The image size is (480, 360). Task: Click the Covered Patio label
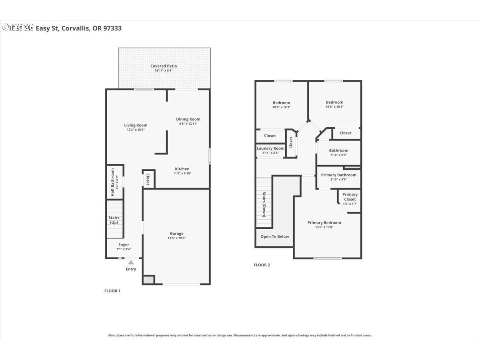(164, 66)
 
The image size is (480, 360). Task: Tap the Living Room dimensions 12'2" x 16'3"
(136, 130)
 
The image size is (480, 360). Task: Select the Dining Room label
(188, 119)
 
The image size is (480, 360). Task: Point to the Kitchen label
(182, 169)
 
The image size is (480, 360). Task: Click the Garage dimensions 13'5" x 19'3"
(176, 238)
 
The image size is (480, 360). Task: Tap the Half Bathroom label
(112, 182)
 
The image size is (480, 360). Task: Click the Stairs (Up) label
(114, 220)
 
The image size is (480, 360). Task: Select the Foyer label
(124, 245)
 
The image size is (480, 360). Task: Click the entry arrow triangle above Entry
(131, 262)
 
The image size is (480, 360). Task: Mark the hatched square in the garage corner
(148, 280)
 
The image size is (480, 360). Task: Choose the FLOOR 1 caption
(112, 291)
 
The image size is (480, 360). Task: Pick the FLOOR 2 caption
(262, 265)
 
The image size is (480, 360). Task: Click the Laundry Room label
(270, 148)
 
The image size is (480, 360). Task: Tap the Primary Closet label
(350, 197)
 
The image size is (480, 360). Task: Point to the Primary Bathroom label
(338, 175)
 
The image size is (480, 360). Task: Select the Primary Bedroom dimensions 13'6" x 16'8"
(324, 227)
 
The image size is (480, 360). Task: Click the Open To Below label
(275, 236)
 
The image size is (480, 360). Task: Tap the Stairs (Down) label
(264, 204)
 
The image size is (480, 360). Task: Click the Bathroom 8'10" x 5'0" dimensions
(339, 155)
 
